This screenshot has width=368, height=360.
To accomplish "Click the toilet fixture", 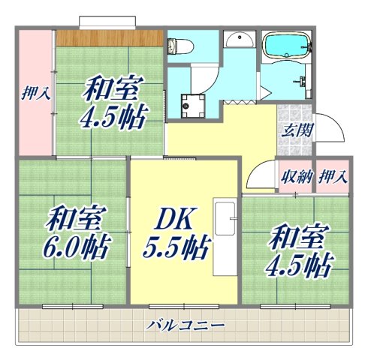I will [177, 47].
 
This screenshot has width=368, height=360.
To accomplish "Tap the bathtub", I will [287, 46].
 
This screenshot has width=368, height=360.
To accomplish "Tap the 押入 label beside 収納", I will [333, 178].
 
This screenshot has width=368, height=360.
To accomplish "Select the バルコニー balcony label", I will [185, 325].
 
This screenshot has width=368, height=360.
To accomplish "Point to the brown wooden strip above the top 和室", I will [110, 36].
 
